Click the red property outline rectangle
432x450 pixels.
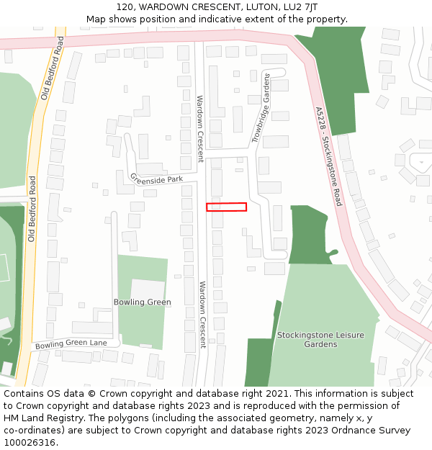tap(226, 207)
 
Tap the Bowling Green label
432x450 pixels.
tap(143, 302)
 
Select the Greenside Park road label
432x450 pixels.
tap(157, 178)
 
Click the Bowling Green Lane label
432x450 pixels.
tap(71, 343)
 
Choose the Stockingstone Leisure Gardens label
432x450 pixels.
tap(320, 340)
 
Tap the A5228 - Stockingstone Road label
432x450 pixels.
tap(328, 156)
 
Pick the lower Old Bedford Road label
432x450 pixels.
tap(32, 208)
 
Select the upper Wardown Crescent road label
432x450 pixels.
tap(200, 128)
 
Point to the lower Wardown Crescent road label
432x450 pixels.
tap(202, 314)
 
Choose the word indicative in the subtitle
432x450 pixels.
tap(245, 19)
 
